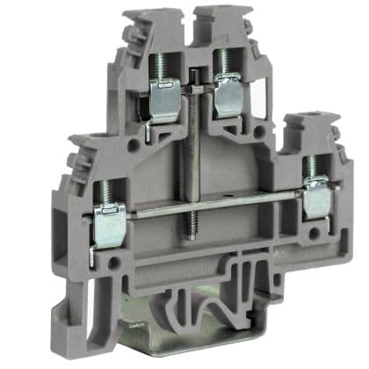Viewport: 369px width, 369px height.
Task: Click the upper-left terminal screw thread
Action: pos(161,67)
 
